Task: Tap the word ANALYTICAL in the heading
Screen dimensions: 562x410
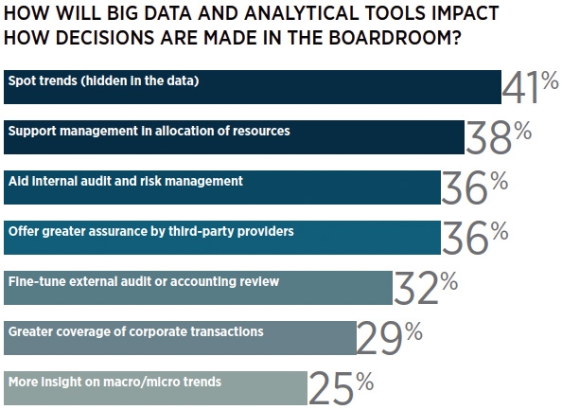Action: (302, 13)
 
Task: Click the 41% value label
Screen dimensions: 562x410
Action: (530, 87)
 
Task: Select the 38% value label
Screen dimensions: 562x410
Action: (499, 137)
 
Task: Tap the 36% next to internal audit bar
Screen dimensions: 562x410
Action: (475, 187)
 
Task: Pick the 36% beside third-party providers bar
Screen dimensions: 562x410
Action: (475, 238)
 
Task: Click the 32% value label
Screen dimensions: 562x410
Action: (426, 288)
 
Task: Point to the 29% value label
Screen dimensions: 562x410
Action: (389, 338)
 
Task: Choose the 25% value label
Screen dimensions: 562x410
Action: (341, 388)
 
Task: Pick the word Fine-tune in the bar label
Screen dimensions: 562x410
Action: (37, 281)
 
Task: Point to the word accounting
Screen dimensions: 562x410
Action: (202, 282)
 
